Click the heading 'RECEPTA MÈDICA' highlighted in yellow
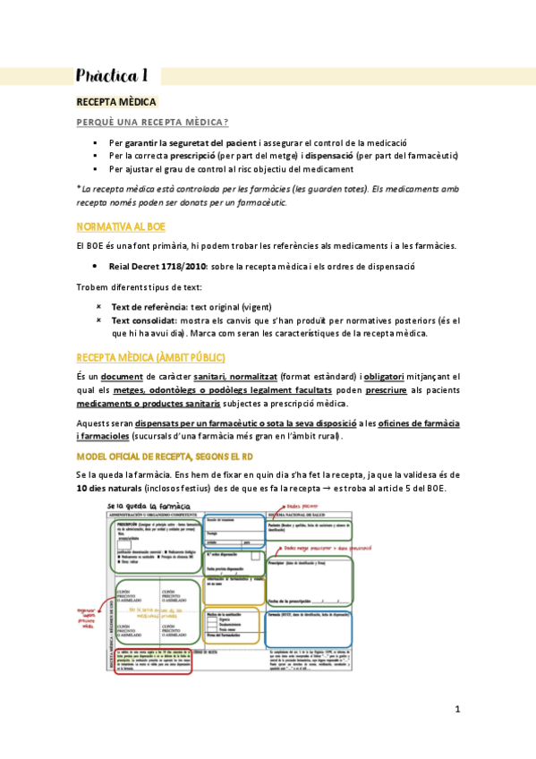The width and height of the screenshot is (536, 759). [116, 103]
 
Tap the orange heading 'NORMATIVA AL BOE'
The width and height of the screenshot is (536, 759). [121, 226]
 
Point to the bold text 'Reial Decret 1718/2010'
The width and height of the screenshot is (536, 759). [152, 267]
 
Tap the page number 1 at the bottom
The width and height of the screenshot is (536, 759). [456, 710]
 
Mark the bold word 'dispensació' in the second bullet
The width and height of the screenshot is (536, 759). [329, 155]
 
